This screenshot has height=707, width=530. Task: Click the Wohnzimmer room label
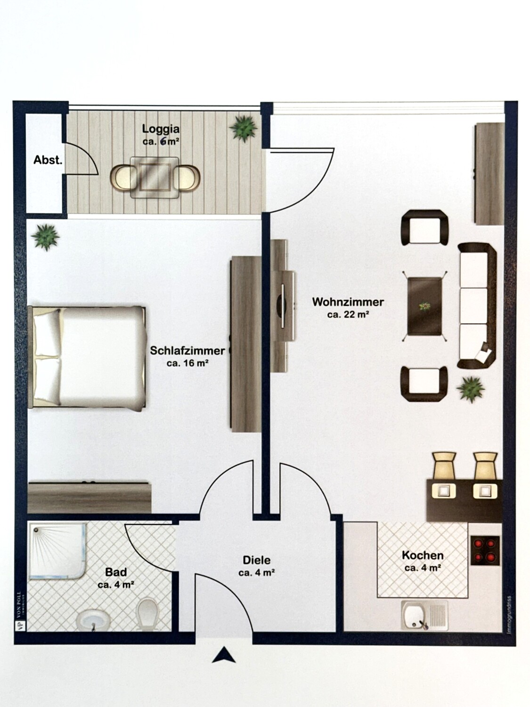[x=348, y=302]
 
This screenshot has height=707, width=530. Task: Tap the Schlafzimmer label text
[x=188, y=351]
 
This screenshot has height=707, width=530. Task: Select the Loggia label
[x=161, y=129]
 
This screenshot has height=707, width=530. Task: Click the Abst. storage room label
[x=48, y=160]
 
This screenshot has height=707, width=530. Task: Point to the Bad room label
[x=116, y=572]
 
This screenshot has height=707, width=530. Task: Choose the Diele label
[x=256, y=560]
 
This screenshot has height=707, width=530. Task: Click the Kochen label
[x=423, y=555]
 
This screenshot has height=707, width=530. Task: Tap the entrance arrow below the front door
[x=223, y=656]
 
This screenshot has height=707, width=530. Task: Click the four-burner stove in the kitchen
[x=485, y=550]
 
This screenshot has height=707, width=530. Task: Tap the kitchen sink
[x=424, y=615]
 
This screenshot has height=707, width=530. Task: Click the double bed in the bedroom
[x=87, y=357]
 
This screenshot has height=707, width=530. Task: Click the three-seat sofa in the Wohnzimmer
[x=477, y=305]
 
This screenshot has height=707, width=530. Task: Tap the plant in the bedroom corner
[x=46, y=236]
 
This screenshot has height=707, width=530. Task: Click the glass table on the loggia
[x=155, y=177]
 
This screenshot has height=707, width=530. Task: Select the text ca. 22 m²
[x=348, y=314]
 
